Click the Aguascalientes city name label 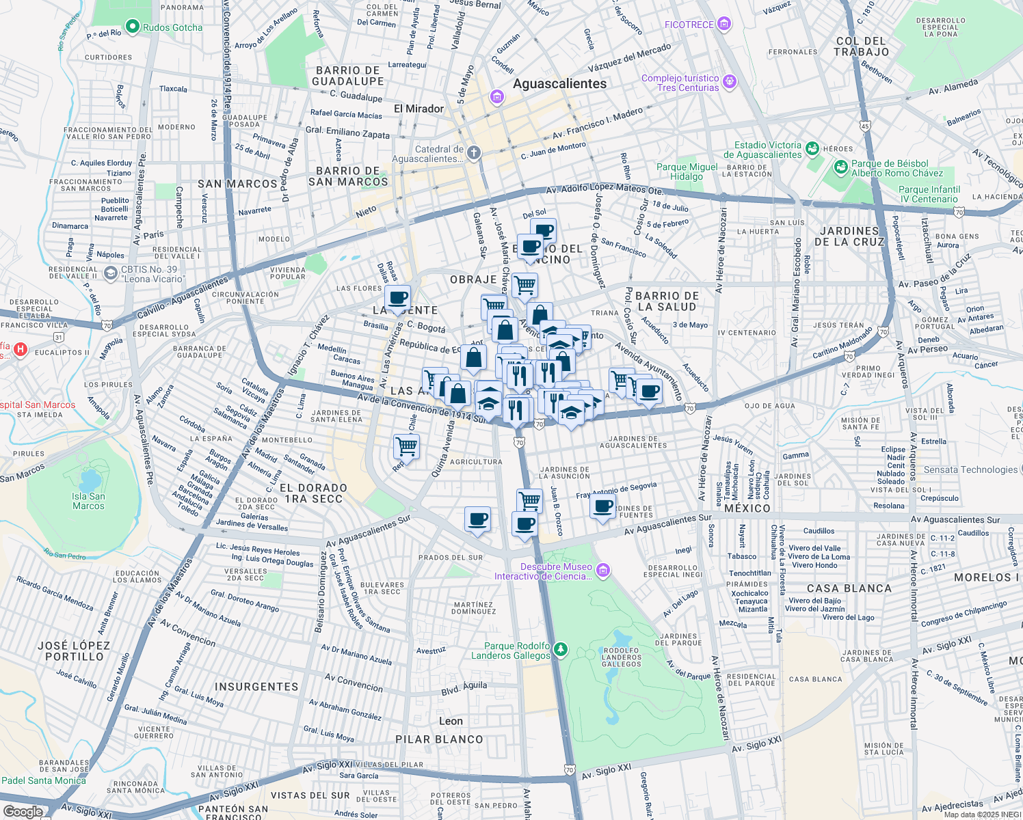tap(559, 84)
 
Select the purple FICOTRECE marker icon tap(724, 25)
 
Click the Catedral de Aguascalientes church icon tap(473, 153)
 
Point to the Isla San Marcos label tap(89, 501)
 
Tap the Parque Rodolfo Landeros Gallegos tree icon tap(560, 648)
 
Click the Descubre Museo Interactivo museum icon tap(602, 570)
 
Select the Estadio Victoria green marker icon tap(812, 148)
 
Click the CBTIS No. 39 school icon tap(110, 273)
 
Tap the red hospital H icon tap(21, 350)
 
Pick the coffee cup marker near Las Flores tap(397, 299)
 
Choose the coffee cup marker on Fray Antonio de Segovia tap(602, 507)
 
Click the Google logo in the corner tap(23, 811)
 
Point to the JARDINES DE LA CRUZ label tap(849, 236)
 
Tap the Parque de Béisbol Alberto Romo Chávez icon tap(840, 167)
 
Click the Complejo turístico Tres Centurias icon tap(730, 82)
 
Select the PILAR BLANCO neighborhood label tap(439, 739)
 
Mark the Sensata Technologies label tap(970, 469)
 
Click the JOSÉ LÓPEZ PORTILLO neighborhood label tap(74, 651)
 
